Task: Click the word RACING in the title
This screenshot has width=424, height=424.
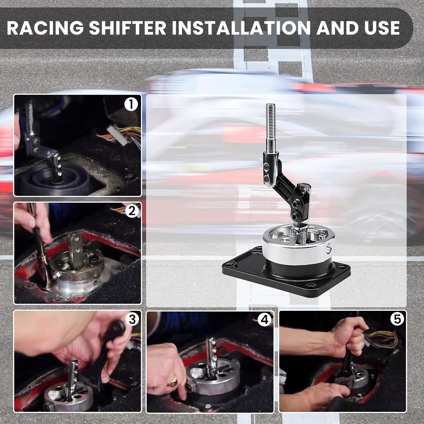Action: coord(45,28)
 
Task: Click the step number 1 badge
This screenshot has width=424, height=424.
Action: coord(131,104)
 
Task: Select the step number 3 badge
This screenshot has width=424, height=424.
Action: coord(132,319)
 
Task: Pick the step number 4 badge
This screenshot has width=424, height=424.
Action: coord(264,319)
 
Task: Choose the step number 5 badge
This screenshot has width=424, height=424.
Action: coord(397,319)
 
